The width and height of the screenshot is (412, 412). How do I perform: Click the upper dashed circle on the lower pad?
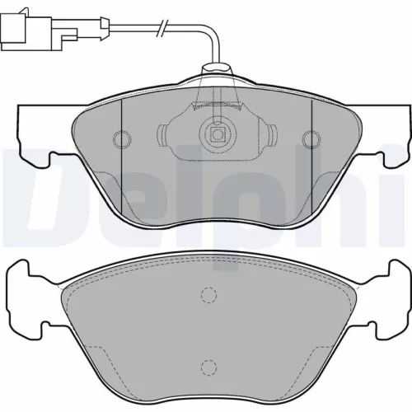(210, 297)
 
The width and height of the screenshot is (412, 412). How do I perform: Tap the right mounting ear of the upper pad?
(381, 132)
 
